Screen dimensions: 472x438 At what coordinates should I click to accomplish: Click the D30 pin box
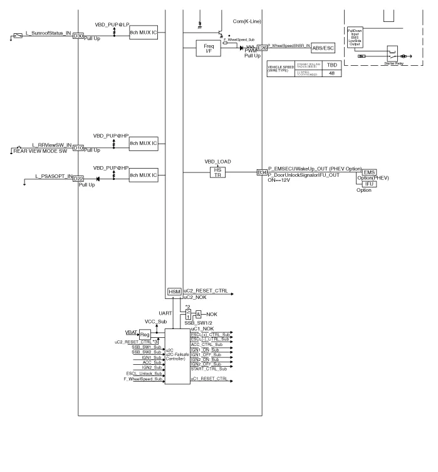[x=78, y=36]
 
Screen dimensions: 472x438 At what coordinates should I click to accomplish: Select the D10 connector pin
[x=78, y=148]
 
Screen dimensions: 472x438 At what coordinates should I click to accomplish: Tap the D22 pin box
[x=78, y=179]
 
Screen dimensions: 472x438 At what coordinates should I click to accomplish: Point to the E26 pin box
[x=261, y=48]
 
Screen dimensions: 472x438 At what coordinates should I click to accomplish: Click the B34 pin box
[x=261, y=172]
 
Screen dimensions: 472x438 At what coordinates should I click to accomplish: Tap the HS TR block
[x=219, y=172]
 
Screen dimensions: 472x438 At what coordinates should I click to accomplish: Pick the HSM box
[x=174, y=293]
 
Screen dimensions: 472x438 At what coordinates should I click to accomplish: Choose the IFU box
[x=369, y=184]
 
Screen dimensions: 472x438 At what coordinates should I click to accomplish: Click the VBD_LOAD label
[x=218, y=161]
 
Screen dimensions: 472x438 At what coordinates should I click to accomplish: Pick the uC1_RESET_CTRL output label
[x=209, y=379]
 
